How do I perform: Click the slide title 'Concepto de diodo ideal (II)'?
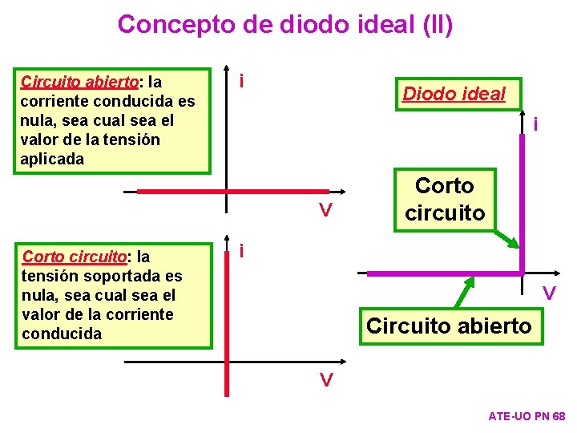pos(284,23)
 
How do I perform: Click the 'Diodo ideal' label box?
pos(454,94)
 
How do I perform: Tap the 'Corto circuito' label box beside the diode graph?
pos(444,199)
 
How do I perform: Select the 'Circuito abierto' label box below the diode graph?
pos(448,325)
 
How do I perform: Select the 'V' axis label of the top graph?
pos(325,211)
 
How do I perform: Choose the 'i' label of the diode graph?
pos(535,123)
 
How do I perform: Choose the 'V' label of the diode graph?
pos(549,294)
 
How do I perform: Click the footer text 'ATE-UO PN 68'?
pos(527,416)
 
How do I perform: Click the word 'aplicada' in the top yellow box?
pos(52,159)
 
